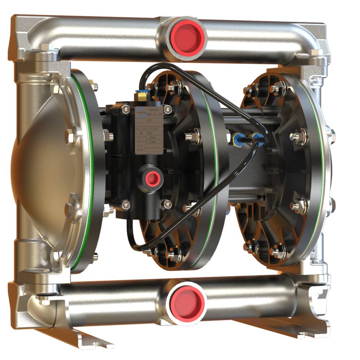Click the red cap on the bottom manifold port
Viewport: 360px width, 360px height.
(x=186, y=302)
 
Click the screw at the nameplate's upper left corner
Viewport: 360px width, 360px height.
(x=125, y=109)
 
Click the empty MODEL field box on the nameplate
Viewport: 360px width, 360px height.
(x=150, y=124)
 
